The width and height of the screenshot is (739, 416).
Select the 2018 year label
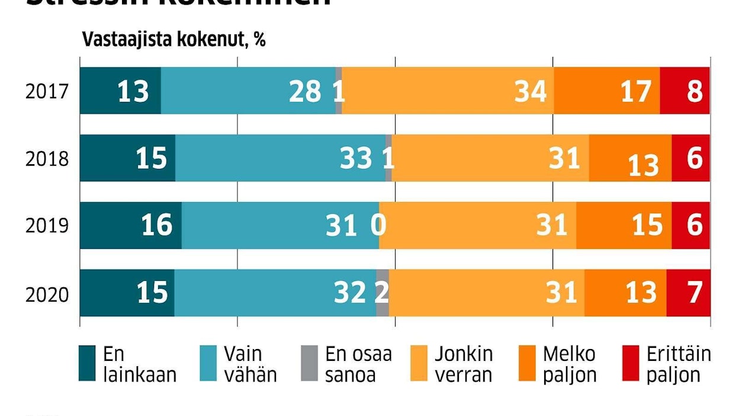[x=47, y=159]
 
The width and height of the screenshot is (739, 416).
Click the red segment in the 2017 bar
[x=685, y=91]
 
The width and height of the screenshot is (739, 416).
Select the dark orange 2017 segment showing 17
[x=607, y=91]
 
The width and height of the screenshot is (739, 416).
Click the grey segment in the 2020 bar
[x=383, y=293]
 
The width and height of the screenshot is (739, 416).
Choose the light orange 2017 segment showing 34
[x=448, y=91]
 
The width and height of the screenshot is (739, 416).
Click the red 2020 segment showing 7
[x=688, y=293]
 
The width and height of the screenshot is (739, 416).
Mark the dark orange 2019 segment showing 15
[x=624, y=225]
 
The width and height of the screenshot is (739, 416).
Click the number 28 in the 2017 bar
[x=305, y=92]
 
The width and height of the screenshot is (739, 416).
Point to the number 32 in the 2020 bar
[x=349, y=293]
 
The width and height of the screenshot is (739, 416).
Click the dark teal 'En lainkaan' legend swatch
[x=87, y=363]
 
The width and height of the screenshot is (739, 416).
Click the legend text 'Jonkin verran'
[x=463, y=364]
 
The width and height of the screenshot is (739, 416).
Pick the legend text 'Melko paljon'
[x=569, y=364]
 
